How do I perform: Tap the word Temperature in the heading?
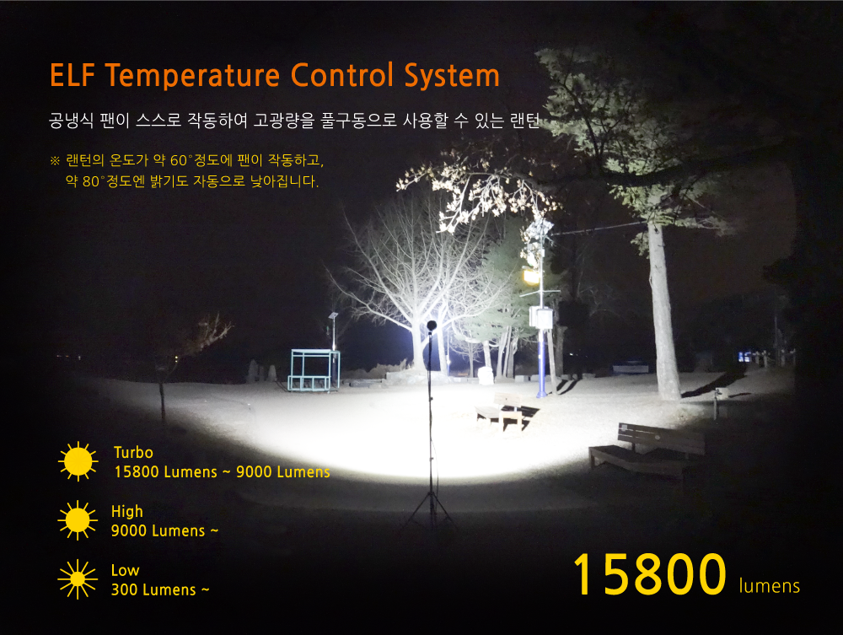click(x=192, y=76)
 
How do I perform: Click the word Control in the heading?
click(x=342, y=75)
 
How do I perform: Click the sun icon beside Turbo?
click(x=78, y=461)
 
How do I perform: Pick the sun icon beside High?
click(x=78, y=520)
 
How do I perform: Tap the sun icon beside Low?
click(x=78, y=579)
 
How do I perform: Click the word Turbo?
click(x=133, y=453)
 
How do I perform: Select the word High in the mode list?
click(x=127, y=511)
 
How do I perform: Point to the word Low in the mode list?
click(x=125, y=570)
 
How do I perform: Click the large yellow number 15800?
click(x=649, y=575)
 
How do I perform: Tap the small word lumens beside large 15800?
click(x=770, y=585)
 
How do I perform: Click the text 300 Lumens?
click(x=153, y=589)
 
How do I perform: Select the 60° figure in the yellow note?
click(x=180, y=160)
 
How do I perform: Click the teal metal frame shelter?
click(x=314, y=370)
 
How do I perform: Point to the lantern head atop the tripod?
click(x=431, y=326)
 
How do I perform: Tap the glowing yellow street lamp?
click(x=531, y=277)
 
